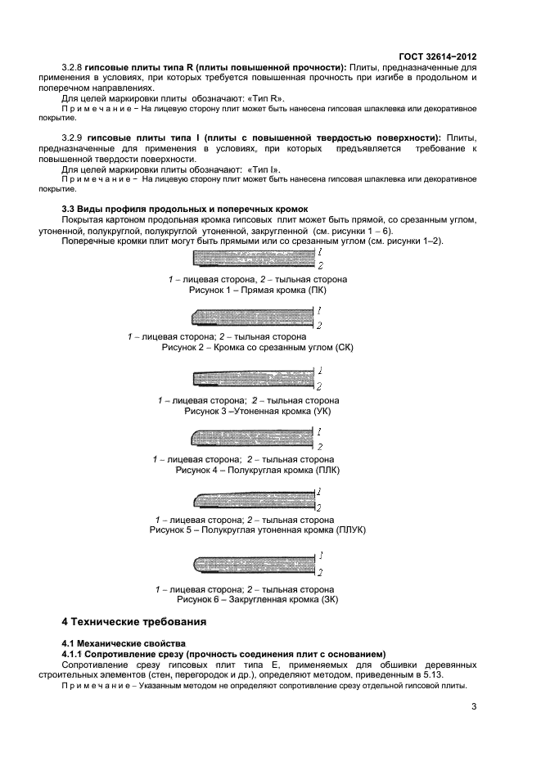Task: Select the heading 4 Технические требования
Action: click(x=134, y=622)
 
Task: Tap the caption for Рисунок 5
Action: click(x=257, y=530)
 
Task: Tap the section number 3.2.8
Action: click(x=74, y=66)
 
